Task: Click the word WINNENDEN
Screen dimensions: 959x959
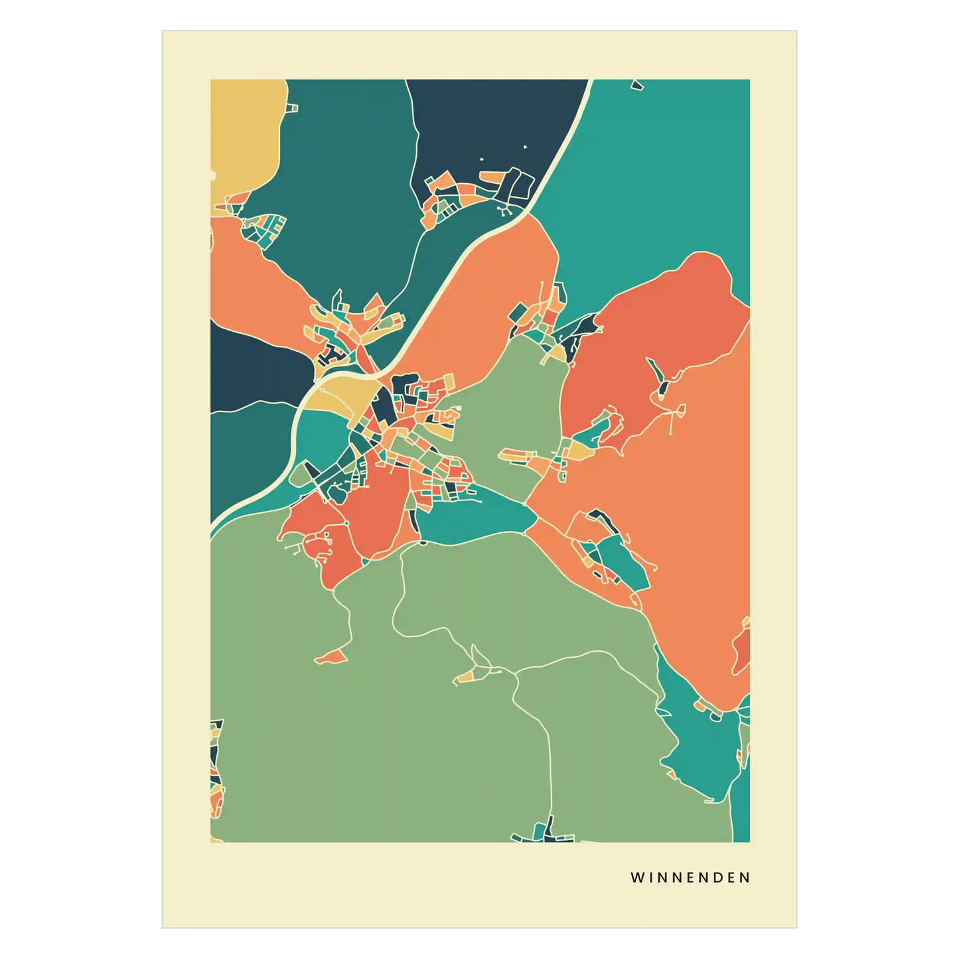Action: (690, 877)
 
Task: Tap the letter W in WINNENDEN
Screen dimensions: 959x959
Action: (637, 877)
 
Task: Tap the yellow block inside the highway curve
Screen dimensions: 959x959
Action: (335, 395)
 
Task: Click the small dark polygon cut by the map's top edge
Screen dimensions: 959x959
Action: (638, 84)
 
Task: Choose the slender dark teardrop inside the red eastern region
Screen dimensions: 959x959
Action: (660, 378)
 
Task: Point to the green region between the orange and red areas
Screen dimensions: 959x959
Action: (518, 398)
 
